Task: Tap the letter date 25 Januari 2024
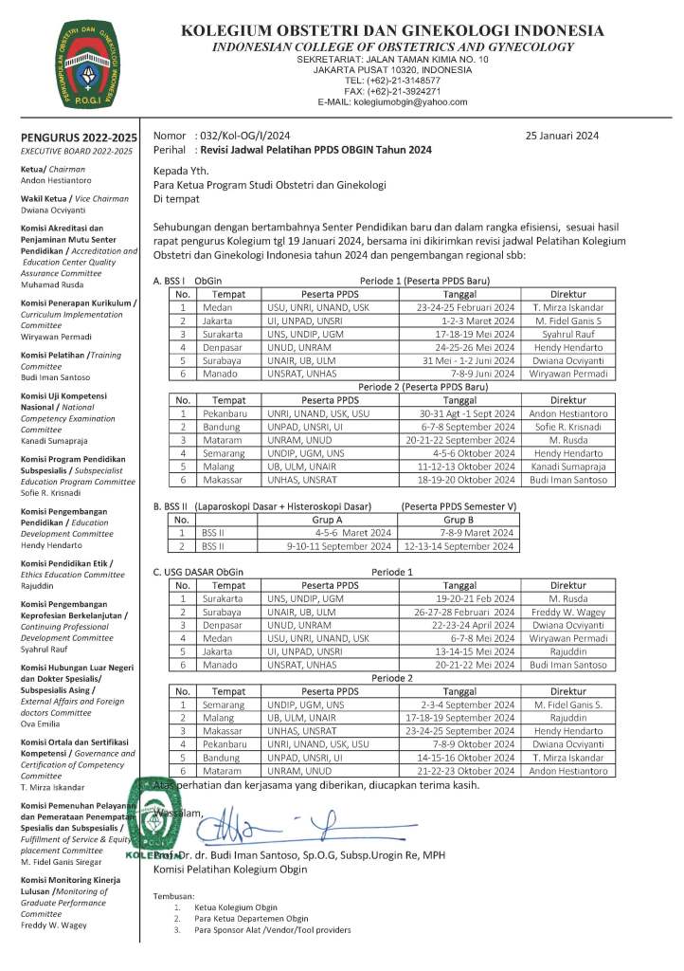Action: pos(562,136)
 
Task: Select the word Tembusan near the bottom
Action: pos(173,896)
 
